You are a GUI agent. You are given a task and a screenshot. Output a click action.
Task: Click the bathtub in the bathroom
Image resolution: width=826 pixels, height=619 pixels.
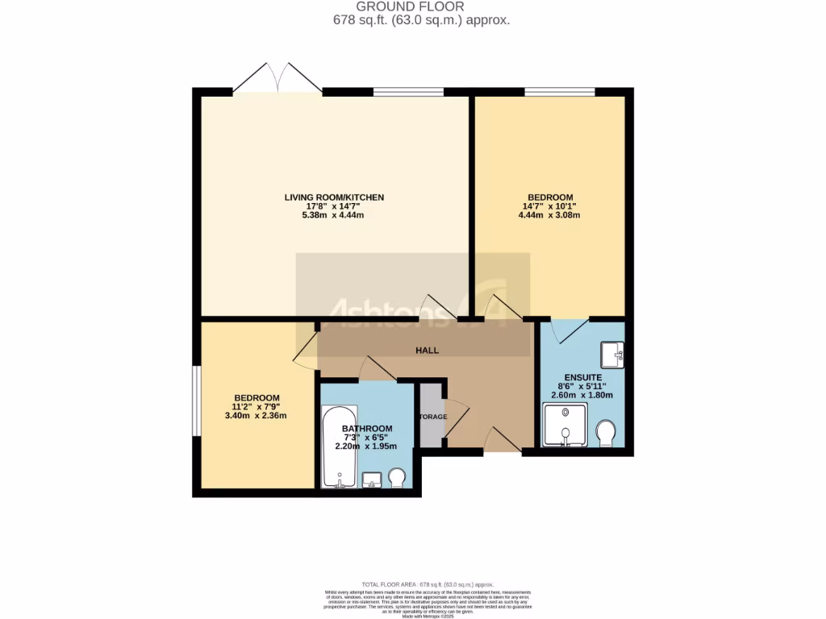click(340, 447)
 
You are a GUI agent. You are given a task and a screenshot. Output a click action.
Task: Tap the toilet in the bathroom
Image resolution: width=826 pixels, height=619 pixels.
click(397, 479)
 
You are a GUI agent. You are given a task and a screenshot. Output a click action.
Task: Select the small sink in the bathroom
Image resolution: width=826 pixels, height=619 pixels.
click(372, 480)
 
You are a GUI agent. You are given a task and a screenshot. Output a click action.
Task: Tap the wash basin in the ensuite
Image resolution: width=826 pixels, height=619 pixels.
click(611, 354)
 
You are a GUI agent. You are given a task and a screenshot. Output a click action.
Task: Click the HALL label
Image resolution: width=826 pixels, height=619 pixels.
click(427, 351)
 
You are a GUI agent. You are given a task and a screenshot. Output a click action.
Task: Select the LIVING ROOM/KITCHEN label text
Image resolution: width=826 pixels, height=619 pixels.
click(334, 197)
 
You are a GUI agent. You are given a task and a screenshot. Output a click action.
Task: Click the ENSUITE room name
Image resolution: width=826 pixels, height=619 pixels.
click(582, 376)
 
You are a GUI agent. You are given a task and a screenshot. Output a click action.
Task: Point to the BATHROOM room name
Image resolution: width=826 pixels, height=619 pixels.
click(367, 429)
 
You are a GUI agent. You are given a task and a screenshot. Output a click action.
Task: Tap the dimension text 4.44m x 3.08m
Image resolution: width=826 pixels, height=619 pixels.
click(550, 215)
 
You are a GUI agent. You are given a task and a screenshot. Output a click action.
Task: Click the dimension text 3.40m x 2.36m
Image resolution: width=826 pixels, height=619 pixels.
click(257, 416)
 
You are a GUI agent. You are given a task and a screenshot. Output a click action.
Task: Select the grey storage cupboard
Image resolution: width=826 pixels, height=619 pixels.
click(431, 415)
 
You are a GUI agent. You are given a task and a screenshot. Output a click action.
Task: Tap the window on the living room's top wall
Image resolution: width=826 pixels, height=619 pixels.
click(407, 92)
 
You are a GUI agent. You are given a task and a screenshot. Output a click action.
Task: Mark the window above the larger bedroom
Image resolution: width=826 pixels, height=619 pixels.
click(559, 92)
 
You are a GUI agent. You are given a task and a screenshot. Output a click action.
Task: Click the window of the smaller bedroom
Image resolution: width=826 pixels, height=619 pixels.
click(196, 402)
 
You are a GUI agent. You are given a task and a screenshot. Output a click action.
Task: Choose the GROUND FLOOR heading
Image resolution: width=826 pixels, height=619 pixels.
click(421, 6)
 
